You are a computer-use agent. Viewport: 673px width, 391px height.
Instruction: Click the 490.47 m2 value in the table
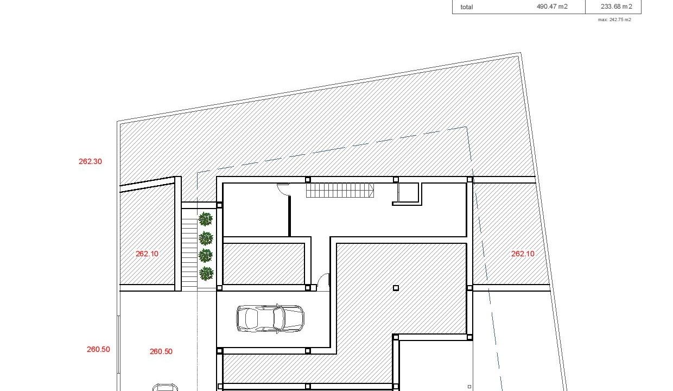[x=552, y=7]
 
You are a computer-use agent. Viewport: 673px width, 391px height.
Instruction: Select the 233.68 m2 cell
[x=616, y=7]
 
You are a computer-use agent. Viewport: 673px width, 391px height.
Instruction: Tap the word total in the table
[x=467, y=7]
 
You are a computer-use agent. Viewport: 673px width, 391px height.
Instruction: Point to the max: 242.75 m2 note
[x=614, y=20]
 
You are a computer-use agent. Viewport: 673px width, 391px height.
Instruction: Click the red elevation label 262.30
[x=90, y=161]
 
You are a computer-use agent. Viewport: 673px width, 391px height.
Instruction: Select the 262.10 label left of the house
[x=147, y=254]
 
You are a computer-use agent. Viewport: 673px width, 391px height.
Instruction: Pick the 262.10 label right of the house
[x=523, y=254]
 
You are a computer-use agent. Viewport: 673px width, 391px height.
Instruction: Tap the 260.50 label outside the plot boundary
[x=98, y=349]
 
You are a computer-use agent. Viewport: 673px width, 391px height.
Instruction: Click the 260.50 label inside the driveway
[x=161, y=351]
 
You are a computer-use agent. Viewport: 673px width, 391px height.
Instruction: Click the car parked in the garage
[x=270, y=319]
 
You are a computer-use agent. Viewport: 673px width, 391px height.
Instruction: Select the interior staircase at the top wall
[x=340, y=190]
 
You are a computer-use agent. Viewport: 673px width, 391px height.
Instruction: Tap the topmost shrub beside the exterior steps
[x=206, y=219]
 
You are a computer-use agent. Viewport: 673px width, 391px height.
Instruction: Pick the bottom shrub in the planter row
[x=206, y=274]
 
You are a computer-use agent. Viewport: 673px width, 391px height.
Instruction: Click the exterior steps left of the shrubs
[x=189, y=255]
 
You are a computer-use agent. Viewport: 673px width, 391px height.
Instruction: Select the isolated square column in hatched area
[x=396, y=288]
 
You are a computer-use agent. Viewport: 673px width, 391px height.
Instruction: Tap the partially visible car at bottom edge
[x=165, y=387]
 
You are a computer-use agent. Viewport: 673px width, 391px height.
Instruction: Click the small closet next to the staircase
[x=408, y=193]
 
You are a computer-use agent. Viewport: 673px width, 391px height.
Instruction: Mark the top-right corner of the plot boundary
[x=520, y=53]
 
